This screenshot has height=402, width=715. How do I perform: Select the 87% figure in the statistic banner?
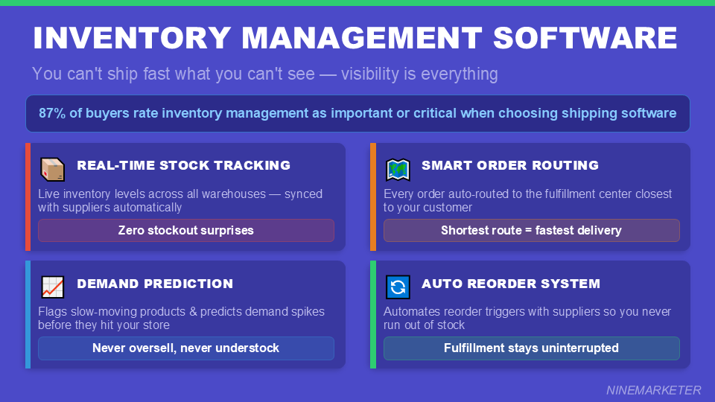click(52, 113)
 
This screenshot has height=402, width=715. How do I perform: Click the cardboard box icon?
click(52, 169)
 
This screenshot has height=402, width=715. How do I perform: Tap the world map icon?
click(398, 169)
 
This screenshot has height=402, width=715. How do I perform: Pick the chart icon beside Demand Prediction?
click(52, 287)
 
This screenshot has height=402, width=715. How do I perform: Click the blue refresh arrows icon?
click(398, 287)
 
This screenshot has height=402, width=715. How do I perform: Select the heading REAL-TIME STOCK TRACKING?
click(183, 165)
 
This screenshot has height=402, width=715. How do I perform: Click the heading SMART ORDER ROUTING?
click(509, 165)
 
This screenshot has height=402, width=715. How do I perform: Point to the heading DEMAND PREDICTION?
click(155, 284)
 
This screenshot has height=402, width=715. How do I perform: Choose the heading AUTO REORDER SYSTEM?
click(510, 284)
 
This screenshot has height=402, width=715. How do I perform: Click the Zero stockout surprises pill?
click(186, 231)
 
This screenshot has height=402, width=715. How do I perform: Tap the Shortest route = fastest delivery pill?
click(531, 231)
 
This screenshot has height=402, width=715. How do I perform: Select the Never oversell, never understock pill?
click(186, 348)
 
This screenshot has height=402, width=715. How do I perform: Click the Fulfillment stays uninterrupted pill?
click(531, 348)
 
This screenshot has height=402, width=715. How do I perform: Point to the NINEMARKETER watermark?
click(653, 390)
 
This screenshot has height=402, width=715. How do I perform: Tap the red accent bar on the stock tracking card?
click(28, 197)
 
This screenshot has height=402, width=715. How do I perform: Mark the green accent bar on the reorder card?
click(373, 315)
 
